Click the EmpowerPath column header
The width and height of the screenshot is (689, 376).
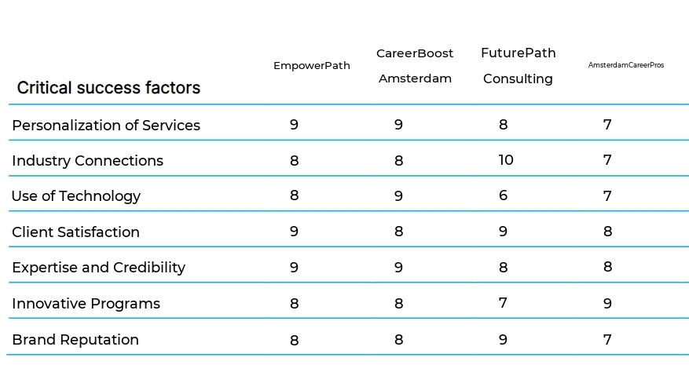point(311,66)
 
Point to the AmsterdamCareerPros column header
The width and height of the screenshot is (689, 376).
point(625,65)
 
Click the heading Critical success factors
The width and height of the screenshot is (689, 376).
point(108,88)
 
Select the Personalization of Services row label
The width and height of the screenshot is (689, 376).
point(106,126)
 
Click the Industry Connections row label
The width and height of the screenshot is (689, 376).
point(87,161)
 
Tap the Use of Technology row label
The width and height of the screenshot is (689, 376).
point(76,196)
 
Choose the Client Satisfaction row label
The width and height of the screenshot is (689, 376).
point(75,232)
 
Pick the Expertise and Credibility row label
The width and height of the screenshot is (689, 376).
point(98,268)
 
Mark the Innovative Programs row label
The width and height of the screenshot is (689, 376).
point(86,304)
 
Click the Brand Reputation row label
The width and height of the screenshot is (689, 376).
point(75,340)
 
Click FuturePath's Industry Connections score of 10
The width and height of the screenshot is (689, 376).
point(505,160)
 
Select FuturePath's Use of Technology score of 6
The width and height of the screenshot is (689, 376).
point(503,196)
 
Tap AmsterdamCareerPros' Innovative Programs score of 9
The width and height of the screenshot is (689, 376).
point(607,304)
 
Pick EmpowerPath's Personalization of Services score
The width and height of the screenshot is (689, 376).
point(294,125)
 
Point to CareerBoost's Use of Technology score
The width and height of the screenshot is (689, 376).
point(398,196)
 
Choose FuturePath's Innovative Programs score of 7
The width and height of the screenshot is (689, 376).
point(503,303)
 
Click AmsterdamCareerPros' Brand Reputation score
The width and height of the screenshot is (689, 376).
point(607,340)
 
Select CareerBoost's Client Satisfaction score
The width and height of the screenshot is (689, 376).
point(398,232)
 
